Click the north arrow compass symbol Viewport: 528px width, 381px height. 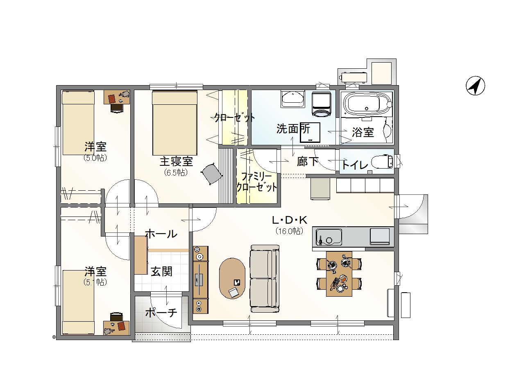[x=475, y=86]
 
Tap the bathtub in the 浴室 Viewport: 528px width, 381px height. [x=367, y=104]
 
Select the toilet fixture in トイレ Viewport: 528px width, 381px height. [x=382, y=162]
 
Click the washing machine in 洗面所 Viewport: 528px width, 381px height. [x=321, y=104]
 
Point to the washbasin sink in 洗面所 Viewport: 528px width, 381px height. [x=293, y=99]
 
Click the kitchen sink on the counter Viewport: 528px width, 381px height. [x=329, y=237]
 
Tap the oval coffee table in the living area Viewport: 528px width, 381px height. [x=232, y=278]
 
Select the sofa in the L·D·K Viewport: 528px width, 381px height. [x=265, y=279]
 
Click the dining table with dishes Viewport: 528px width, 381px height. [x=339, y=274]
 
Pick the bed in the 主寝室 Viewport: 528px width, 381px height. [x=174, y=122]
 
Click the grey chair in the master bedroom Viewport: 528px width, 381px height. [x=212, y=174]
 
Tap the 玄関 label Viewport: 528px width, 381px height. [x=161, y=272]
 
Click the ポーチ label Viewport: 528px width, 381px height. [x=161, y=313]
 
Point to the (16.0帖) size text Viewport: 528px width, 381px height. [x=290, y=231]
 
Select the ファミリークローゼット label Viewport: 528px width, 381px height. [x=256, y=182]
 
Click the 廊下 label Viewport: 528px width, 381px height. [x=307, y=162]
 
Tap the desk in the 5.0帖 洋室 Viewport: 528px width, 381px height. [x=117, y=97]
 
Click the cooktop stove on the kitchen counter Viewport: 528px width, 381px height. [x=379, y=237]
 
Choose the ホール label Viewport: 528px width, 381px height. [x=161, y=234]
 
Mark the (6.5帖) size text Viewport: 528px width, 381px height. [x=176, y=173]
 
